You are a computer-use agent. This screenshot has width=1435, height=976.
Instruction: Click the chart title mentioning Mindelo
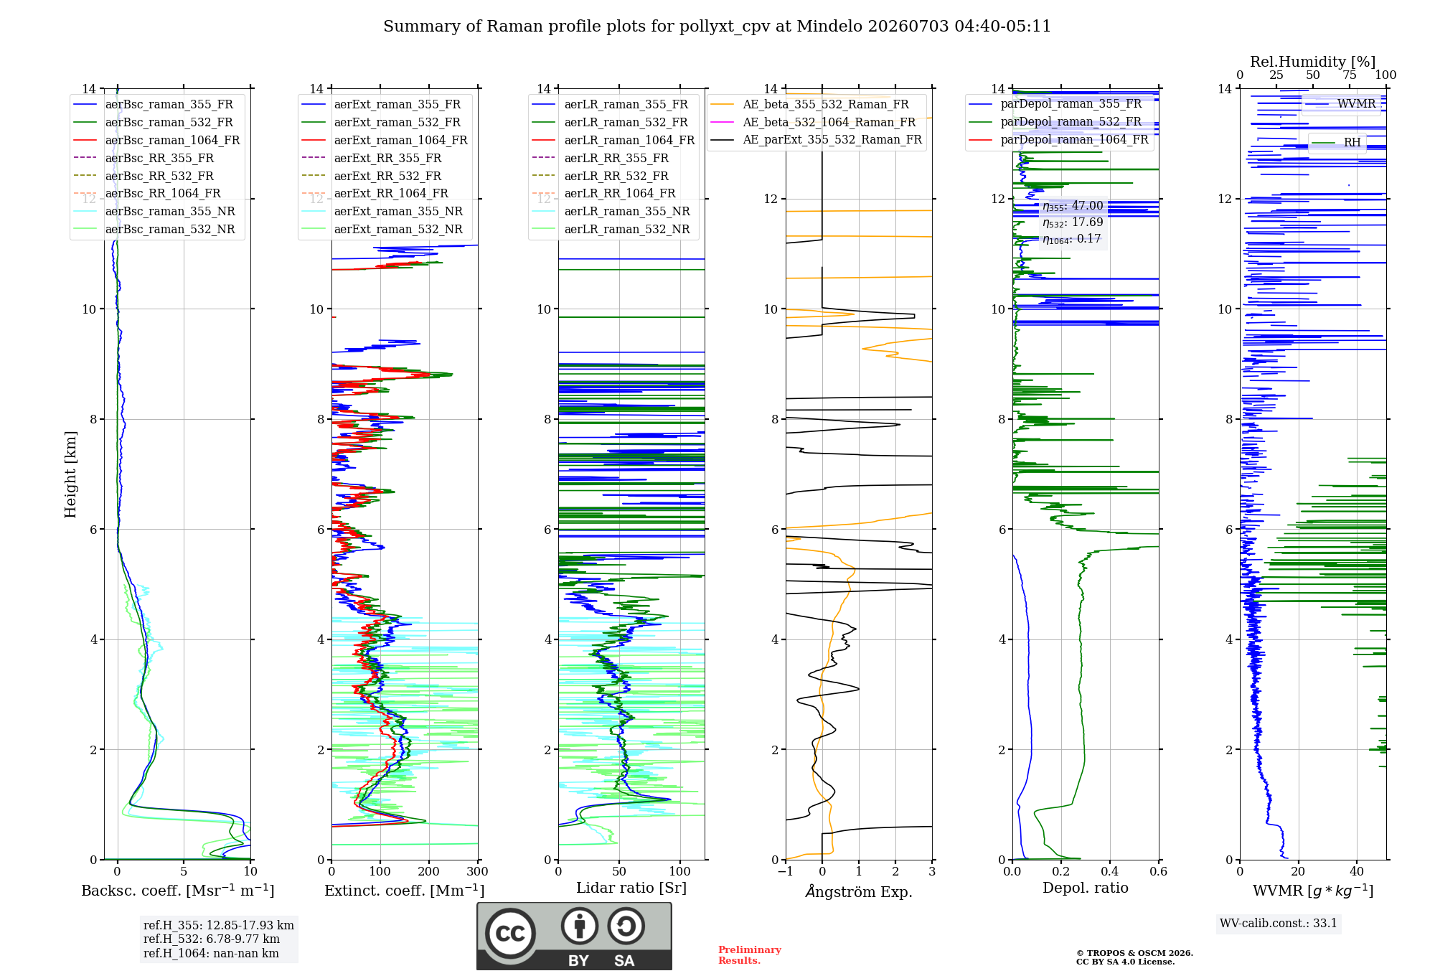pyautogui.click(x=717, y=27)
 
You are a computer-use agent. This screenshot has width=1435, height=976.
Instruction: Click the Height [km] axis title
pyautogui.click(x=70, y=474)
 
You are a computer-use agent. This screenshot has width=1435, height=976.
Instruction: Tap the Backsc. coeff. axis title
pyautogui.click(x=178, y=891)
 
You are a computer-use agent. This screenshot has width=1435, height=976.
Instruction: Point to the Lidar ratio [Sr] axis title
pyautogui.click(x=631, y=888)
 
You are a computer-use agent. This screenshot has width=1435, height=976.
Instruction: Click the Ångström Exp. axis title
pyautogui.click(x=859, y=891)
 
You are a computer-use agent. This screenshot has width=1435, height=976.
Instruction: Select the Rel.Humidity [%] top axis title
pyautogui.click(x=1313, y=62)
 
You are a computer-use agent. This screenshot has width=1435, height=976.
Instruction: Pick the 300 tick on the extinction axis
pyautogui.click(x=478, y=871)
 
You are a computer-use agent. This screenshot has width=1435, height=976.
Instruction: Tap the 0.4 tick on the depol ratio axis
pyautogui.click(x=1110, y=871)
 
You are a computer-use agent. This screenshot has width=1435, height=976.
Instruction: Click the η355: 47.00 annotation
pyautogui.click(x=1073, y=206)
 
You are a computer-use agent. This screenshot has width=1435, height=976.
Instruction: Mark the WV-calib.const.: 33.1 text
pyautogui.click(x=1279, y=923)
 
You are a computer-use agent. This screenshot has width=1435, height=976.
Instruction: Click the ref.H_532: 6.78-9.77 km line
pyautogui.click(x=212, y=939)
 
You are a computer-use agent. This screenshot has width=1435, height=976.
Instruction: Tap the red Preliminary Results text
pyautogui.click(x=750, y=954)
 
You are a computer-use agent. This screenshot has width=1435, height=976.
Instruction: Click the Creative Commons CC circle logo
pyautogui.click(x=510, y=934)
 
